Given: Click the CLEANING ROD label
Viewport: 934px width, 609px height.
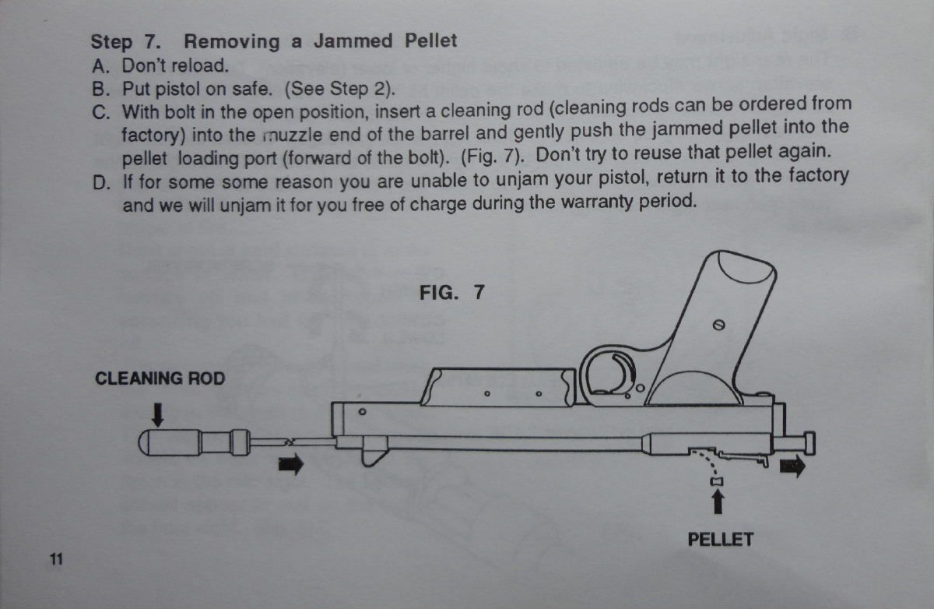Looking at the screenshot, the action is tap(160, 378).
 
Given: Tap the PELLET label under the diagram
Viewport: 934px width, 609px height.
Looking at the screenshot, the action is tap(721, 540).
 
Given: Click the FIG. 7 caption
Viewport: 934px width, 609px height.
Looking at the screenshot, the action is tap(452, 292).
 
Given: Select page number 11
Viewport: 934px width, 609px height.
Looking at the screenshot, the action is tap(56, 559).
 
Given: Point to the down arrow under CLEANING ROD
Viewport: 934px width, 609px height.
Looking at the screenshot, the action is tap(157, 414).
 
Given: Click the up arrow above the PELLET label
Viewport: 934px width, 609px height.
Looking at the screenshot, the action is tap(718, 502).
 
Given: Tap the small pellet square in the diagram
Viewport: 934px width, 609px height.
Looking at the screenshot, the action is tap(717, 482).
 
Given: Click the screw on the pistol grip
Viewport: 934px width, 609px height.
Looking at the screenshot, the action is tap(718, 325).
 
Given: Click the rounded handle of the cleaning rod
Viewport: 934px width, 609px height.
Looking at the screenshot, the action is tap(170, 442).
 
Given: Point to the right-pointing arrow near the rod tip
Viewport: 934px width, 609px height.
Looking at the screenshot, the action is tap(291, 464).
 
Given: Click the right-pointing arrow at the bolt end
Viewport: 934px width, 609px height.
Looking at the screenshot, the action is tap(792, 466).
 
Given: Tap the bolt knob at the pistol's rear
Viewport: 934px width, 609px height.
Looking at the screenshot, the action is tap(809, 443).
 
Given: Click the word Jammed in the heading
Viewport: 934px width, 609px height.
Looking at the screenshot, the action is tap(353, 40).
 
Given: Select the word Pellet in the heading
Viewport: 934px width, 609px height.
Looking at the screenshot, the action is tap(430, 40).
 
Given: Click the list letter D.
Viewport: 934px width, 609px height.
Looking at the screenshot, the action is tap(101, 183).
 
